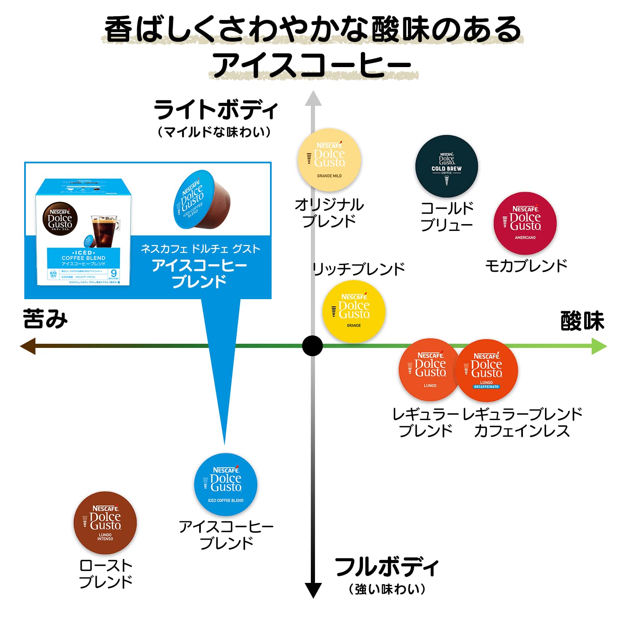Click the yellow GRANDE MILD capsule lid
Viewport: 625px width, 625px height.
point(329,160)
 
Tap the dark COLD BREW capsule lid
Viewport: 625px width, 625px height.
point(446,167)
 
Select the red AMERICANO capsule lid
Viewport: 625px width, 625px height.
point(525,223)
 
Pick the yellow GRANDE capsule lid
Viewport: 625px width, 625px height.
point(354,312)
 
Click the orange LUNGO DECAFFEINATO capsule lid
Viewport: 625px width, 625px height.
point(487,371)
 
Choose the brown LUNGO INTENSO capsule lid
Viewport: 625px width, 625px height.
point(105,523)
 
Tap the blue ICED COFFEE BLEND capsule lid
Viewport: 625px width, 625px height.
point(225,485)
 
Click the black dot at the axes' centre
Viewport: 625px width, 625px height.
point(312,346)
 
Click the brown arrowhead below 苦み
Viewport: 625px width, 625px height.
point(28,346)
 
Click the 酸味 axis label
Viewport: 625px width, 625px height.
point(582,321)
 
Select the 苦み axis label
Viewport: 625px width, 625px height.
point(45,319)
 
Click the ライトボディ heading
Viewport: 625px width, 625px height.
point(215,110)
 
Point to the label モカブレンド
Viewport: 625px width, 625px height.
point(526,265)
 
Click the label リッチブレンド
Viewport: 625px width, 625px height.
point(359,269)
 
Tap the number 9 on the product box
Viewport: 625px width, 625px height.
point(113,273)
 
